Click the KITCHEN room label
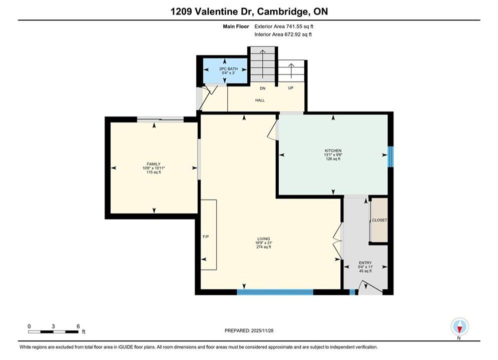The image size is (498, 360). pos(333,150)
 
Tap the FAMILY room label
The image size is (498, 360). pos(153,164)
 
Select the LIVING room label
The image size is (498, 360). pos(264,239)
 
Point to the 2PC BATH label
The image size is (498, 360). pos(228,69)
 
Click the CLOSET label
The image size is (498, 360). pos(379,220)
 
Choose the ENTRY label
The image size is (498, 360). pos(365,263)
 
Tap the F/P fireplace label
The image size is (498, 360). pos(206,236)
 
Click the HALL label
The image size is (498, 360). pos(260,100)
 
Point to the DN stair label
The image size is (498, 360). pos(263,88)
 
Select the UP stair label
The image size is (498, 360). pos(291,88)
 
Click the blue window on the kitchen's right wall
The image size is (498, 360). pos(391,156)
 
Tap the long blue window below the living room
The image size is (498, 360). pos(275,292)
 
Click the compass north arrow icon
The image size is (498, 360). pos(459,326)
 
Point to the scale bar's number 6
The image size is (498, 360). pos(78,326)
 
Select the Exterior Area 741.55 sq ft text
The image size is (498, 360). pos(284,26)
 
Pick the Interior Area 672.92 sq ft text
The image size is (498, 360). pos(283,34)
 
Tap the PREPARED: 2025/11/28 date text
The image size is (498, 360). pos(249,330)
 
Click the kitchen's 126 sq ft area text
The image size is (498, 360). pos(333,158)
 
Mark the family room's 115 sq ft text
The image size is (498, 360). pos(154,172)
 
